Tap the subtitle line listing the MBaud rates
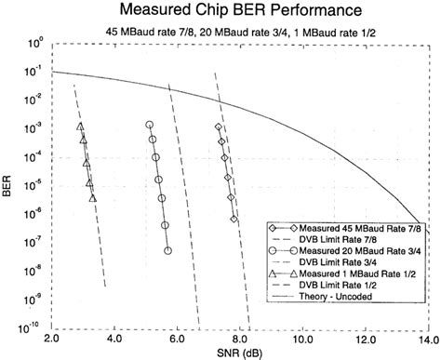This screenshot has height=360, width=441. (x=220, y=33)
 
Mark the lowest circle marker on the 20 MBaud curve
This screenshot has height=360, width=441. (x=167, y=250)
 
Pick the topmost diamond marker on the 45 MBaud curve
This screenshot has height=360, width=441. (x=218, y=127)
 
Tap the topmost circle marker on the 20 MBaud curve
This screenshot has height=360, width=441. (x=149, y=124)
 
